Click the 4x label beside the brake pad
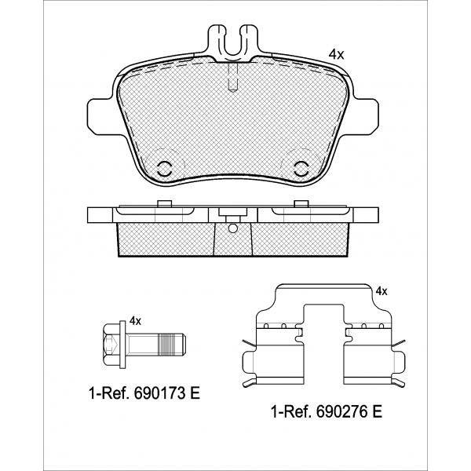coord(336,54)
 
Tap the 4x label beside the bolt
coord(135,321)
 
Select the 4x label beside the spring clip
coord(382,291)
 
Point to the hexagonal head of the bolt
coord(111,345)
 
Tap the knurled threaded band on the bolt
coord(166,344)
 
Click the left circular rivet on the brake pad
coord(164,169)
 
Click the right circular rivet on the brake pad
coord(301,169)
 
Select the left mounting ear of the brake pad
coord(99,114)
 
